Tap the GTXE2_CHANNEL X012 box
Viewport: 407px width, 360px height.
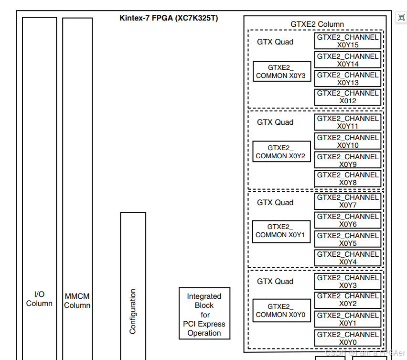point(348,97)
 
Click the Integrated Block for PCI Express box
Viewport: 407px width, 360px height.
point(204,314)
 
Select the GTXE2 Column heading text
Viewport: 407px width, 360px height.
point(317,24)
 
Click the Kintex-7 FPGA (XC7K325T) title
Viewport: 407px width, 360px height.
point(169,18)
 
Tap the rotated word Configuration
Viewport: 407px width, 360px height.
point(133,311)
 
